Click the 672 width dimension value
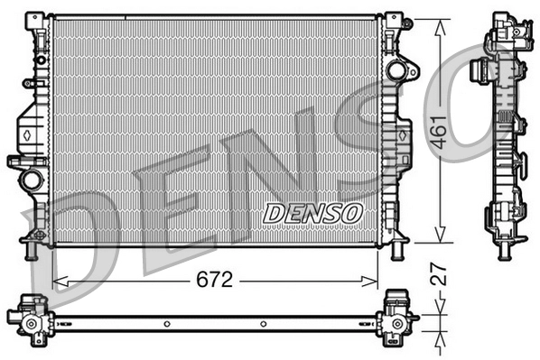pos(215,281)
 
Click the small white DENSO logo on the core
pos(312,213)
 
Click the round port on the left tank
pos(33,178)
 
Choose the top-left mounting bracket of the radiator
pos(37,22)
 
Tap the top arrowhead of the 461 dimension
pos(440,24)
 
